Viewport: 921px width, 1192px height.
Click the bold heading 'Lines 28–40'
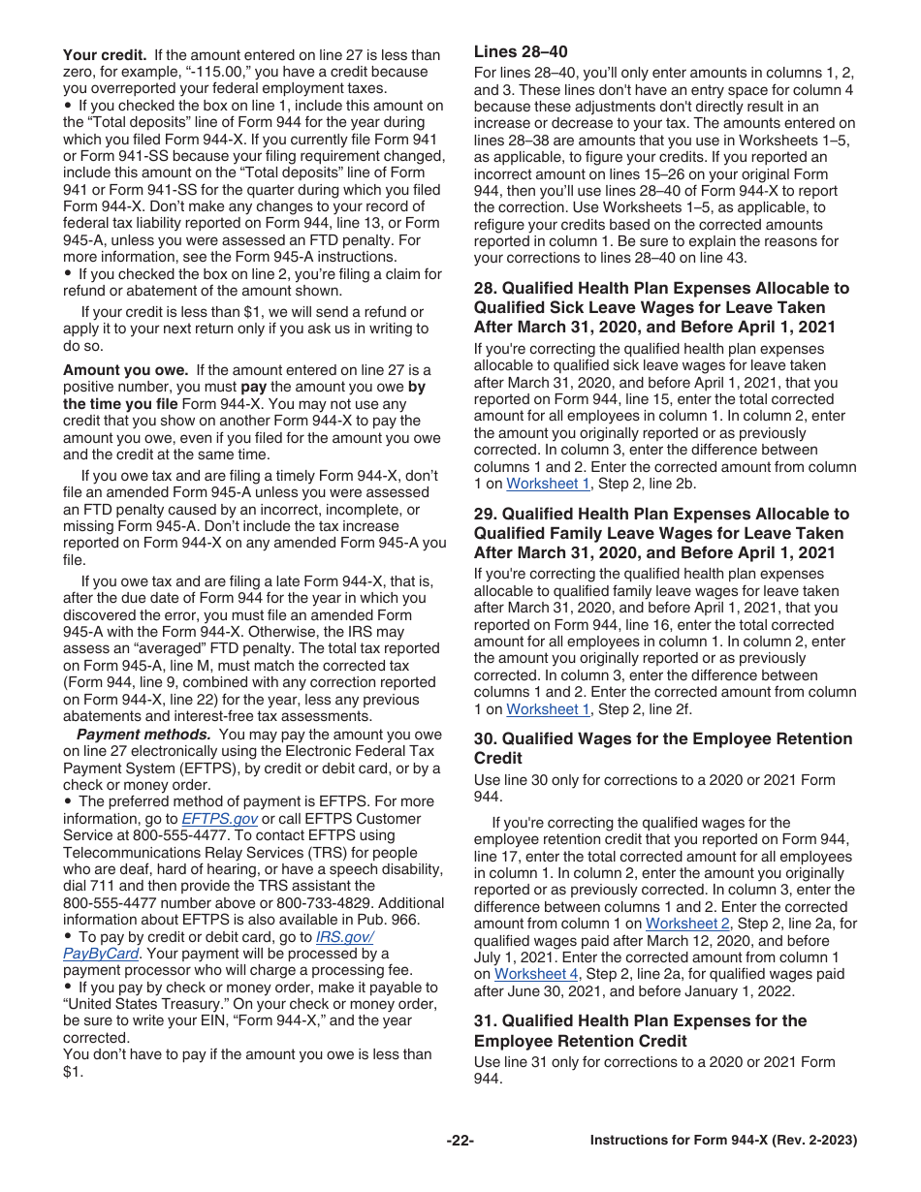[521, 52]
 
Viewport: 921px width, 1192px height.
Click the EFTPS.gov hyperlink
[219, 819]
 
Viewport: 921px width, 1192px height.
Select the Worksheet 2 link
[687, 924]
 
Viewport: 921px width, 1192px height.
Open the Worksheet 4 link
[536, 974]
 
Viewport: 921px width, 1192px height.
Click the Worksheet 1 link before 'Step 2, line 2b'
[548, 484]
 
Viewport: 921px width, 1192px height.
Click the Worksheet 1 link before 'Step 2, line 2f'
[548, 709]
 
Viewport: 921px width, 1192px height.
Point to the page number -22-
[460, 1141]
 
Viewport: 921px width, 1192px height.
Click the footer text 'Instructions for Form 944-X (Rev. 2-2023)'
[723, 1141]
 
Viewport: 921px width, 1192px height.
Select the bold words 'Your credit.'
[105, 55]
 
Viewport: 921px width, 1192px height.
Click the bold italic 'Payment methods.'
[143, 735]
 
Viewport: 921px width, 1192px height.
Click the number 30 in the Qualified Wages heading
[483, 739]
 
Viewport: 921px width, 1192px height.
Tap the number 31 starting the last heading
[483, 1021]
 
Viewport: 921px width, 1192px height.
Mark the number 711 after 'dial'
[106, 886]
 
